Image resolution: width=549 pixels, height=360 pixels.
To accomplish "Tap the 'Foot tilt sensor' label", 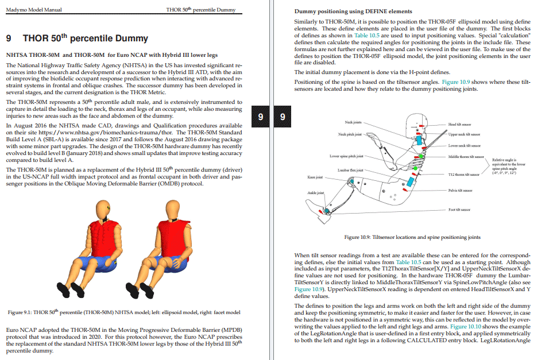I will [x=459, y=210].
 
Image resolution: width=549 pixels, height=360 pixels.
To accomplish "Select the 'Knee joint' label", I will [x=315, y=177].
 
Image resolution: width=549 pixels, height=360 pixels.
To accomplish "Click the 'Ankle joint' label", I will [x=316, y=193].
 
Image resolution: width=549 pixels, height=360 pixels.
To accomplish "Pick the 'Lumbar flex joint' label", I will [x=350, y=170].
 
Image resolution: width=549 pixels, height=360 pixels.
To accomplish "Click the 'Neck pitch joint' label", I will [x=350, y=134].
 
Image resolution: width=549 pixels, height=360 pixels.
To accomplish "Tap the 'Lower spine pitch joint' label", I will [x=346, y=156].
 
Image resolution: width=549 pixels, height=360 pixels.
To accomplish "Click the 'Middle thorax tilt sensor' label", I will [x=465, y=157].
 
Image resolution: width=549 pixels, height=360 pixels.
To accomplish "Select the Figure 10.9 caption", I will [x=412, y=237].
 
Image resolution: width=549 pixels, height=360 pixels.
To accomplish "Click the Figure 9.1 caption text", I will [x=123, y=312].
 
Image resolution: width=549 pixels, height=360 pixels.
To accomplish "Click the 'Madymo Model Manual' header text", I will [x=33, y=10].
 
